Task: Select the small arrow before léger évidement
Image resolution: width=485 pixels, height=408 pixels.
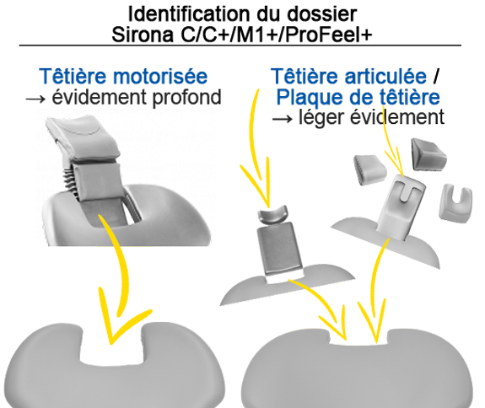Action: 284,119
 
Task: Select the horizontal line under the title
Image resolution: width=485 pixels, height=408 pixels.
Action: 240,45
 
